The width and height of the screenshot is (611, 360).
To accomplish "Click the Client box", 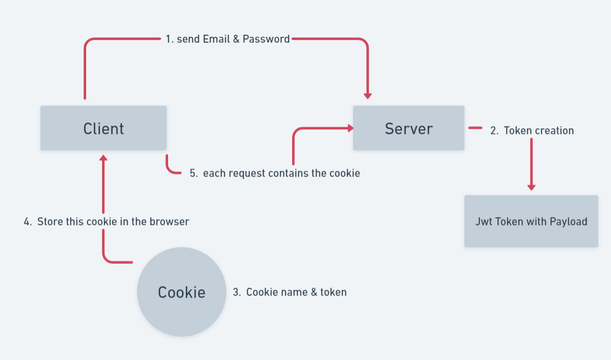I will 103,128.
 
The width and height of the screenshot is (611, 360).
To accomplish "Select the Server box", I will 408,128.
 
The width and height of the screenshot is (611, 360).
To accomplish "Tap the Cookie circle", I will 181,292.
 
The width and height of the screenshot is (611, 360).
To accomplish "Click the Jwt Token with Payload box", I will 531,221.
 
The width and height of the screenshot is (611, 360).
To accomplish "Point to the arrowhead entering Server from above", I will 368,96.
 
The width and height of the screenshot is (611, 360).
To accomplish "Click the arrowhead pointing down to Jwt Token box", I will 531,187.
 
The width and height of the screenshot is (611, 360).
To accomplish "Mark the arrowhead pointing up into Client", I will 103,158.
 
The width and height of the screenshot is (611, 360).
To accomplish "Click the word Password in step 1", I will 266,39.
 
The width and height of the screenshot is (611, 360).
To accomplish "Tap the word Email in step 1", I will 215,39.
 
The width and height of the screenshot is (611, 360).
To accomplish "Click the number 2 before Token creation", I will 494,131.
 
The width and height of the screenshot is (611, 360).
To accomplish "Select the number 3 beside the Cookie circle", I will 236,292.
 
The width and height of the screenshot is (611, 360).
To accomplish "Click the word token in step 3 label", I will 334,292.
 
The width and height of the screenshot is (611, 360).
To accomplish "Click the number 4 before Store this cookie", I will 27,222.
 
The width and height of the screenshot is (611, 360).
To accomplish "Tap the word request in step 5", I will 246,173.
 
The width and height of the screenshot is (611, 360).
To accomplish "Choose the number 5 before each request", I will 193,173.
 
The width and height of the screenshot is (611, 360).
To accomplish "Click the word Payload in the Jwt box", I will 568,222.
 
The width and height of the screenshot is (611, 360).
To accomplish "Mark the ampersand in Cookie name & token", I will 314,292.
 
